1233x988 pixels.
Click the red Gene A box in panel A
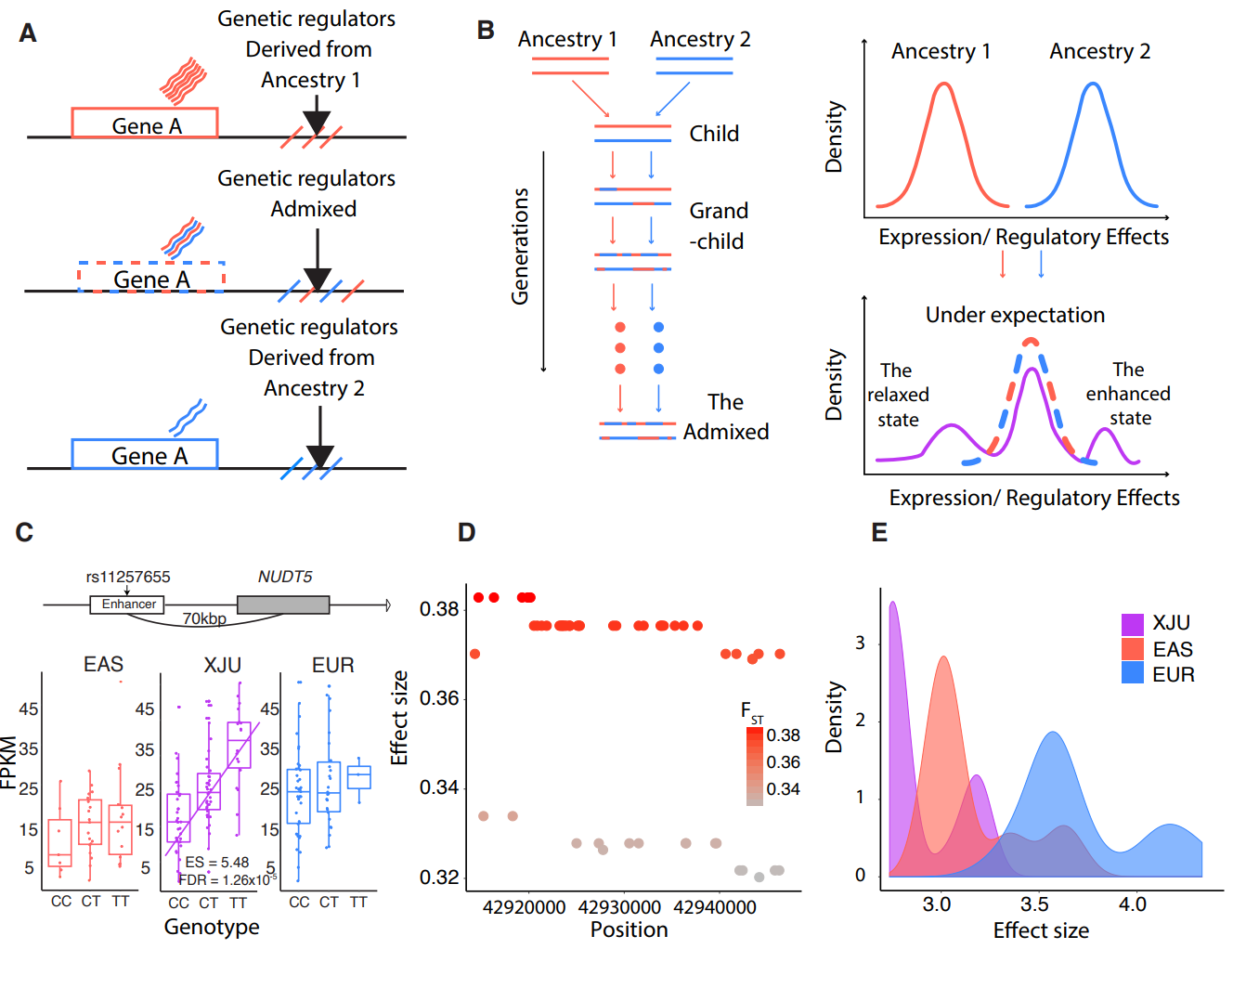click(145, 123)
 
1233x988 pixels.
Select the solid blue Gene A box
click(145, 454)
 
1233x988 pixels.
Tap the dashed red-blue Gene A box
click(151, 278)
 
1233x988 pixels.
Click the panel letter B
click(486, 30)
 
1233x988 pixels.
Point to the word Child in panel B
click(714, 134)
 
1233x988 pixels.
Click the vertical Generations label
click(521, 246)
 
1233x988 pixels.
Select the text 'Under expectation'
click(1015, 315)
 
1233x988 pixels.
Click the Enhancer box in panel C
click(128, 604)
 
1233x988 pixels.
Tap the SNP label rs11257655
click(128, 577)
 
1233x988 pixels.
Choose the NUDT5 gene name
click(285, 577)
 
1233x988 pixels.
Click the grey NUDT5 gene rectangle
click(283, 605)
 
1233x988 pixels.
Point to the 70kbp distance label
click(204, 619)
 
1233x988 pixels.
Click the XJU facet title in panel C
click(223, 665)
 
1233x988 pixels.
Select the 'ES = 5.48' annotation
click(217, 863)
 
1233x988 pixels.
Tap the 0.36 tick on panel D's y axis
click(439, 698)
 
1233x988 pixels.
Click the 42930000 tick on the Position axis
click(619, 907)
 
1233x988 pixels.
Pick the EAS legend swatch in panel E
click(1133, 649)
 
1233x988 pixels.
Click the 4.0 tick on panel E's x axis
click(1133, 904)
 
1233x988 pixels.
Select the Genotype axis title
click(212, 927)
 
